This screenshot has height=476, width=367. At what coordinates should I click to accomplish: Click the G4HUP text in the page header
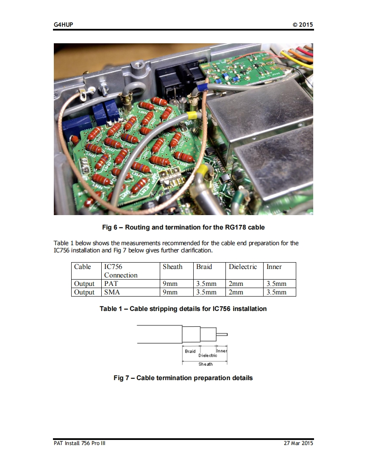64,25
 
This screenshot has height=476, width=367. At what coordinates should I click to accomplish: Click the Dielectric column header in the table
243,267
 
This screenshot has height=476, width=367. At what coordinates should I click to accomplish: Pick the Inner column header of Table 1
274,267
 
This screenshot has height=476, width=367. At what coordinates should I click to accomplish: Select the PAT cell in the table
111,284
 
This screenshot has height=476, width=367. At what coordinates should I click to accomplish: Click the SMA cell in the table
112,292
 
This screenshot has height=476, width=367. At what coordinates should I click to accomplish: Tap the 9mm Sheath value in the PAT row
170,284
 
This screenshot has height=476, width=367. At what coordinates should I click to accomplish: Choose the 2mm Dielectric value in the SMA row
236,292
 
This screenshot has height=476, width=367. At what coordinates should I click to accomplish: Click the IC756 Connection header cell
121,271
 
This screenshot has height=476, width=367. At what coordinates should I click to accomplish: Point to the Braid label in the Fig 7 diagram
190,351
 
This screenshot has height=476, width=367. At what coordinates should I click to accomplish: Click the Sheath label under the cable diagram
206,364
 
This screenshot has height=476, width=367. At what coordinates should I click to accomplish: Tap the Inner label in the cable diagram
222,351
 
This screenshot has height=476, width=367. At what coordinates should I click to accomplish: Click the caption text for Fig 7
183,378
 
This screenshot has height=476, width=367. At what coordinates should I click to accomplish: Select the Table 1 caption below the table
183,309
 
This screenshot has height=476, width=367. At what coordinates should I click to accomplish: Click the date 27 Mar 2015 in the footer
298,443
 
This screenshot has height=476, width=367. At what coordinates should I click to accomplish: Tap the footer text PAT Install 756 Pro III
80,443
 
